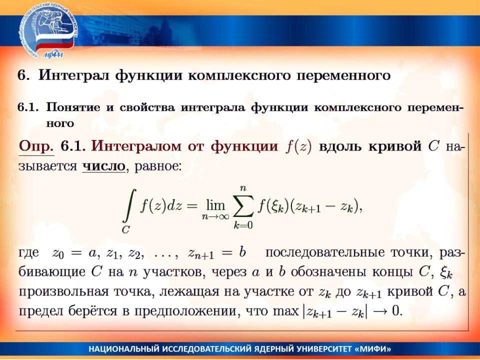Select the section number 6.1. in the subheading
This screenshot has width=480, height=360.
tap(28, 107)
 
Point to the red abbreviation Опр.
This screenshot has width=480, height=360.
tap(36, 146)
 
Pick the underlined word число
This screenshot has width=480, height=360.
tap(104, 166)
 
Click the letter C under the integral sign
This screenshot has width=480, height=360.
tap(125, 229)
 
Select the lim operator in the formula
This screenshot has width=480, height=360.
tap(215, 205)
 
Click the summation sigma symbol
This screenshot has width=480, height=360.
tap(243, 205)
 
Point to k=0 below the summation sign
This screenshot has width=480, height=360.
tap(243, 225)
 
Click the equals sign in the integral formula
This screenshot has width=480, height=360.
tap(192, 205)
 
